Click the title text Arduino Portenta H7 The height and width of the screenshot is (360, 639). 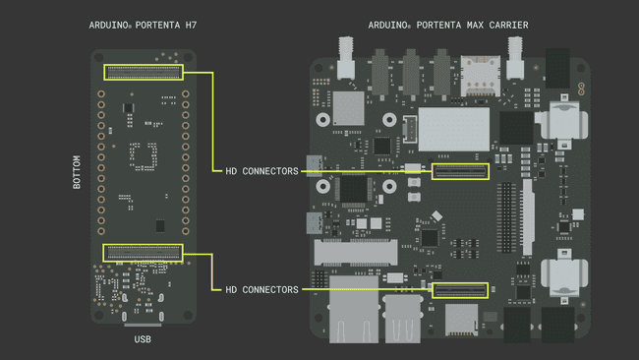click(143, 24)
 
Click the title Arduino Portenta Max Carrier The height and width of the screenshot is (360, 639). click(447, 24)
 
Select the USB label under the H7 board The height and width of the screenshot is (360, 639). click(143, 339)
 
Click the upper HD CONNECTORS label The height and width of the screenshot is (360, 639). click(261, 171)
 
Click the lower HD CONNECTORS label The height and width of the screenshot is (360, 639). click(261, 289)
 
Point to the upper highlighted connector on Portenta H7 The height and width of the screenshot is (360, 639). click(144, 72)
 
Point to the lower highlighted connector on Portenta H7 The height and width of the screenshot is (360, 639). click(144, 253)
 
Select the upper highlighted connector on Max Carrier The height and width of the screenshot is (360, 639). click(461, 172)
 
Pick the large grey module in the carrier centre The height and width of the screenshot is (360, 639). click(454, 128)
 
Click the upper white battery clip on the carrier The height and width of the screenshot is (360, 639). click(564, 123)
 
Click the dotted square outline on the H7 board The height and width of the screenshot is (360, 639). click(144, 155)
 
